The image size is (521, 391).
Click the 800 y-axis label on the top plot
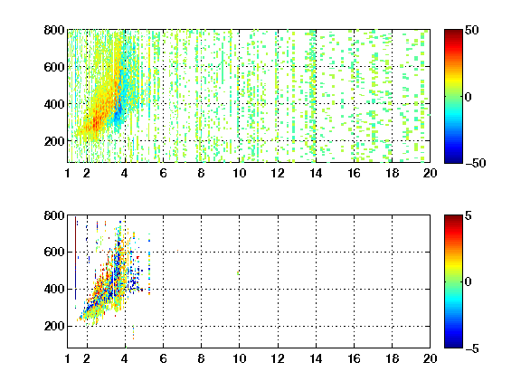tap(54, 30)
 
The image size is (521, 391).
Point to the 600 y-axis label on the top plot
tap(54, 67)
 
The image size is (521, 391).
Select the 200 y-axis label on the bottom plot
tap(54, 326)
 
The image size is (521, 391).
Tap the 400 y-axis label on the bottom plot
tap(54, 289)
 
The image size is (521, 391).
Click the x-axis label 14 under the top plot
tap(316, 173)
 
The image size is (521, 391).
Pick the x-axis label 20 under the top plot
tap(430, 173)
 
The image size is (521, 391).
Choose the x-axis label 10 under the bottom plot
tap(239, 358)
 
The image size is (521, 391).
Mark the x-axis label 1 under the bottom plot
tap(68, 358)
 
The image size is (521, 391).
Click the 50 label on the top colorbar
tap(471, 30)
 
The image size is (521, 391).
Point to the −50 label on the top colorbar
tap(475, 163)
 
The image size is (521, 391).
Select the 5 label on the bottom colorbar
tap(469, 215)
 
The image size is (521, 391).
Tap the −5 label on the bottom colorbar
tap(472, 348)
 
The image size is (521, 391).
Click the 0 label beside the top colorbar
tap(469, 97)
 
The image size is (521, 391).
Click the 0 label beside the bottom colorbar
tap(469, 282)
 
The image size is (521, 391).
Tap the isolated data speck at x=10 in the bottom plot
tap(238, 273)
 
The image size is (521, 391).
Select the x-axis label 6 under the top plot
tap(163, 173)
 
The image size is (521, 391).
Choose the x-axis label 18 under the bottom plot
tap(392, 358)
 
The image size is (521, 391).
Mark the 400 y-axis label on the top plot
tap(54, 104)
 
